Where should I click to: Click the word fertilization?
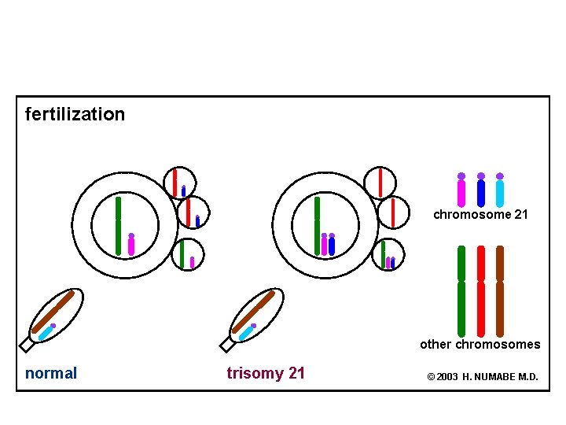coord(75,114)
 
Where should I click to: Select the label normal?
coord(51,373)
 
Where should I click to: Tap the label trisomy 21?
coord(266,373)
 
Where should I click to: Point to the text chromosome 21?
coord(480,214)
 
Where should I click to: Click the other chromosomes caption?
coord(480,344)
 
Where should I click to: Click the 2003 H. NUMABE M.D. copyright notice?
coord(483,377)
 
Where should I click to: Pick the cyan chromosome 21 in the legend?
coord(500,192)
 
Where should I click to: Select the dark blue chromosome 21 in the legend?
coord(481,192)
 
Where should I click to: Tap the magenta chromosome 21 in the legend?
coord(461,192)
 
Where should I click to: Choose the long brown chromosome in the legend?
coord(500,291)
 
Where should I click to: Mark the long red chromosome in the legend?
coord(481,291)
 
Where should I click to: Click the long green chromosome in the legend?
coord(461,291)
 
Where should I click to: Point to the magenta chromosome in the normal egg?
coord(131,246)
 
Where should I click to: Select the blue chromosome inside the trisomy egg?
coord(332,246)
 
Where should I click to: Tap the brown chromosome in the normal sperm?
coord(53,312)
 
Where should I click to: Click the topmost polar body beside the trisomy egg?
coord(380,183)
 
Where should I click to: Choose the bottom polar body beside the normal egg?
coord(187,254)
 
